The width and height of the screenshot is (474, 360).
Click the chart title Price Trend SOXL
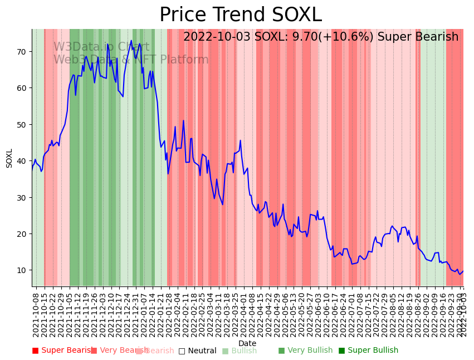(241, 15)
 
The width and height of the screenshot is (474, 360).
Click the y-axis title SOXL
(9, 158)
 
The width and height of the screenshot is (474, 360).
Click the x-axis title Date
(247, 343)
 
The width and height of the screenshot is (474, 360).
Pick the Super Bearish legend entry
(62, 351)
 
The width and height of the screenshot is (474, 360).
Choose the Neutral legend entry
(197, 351)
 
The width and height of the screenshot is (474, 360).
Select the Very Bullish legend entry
(305, 351)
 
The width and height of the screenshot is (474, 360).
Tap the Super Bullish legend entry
(368, 351)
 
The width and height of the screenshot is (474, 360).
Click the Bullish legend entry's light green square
(225, 351)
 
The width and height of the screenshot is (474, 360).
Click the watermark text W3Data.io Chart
(101, 47)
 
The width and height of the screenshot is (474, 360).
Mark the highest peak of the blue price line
(131, 40)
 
